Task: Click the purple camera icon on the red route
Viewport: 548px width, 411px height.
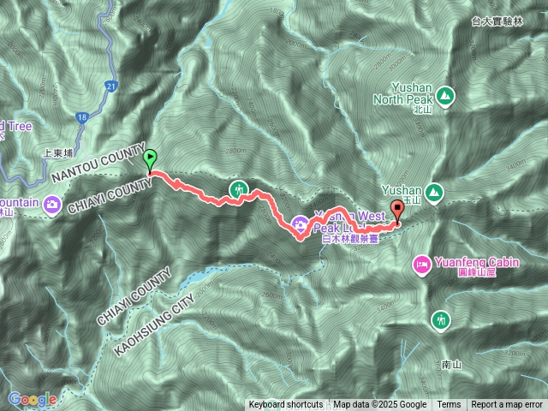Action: click(301, 224)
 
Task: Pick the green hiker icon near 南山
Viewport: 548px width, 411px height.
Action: click(442, 319)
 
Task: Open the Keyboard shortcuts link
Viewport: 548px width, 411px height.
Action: click(286, 405)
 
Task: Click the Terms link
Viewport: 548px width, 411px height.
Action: click(449, 405)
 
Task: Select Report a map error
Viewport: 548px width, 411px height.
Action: click(507, 405)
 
